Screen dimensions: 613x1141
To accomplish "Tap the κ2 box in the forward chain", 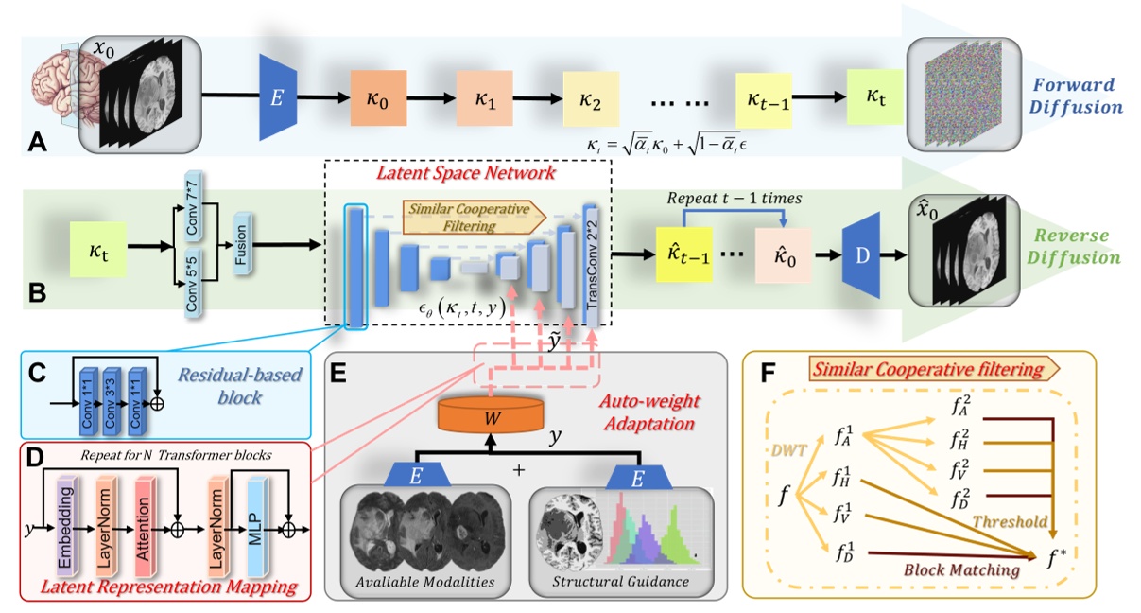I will click(591, 99).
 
